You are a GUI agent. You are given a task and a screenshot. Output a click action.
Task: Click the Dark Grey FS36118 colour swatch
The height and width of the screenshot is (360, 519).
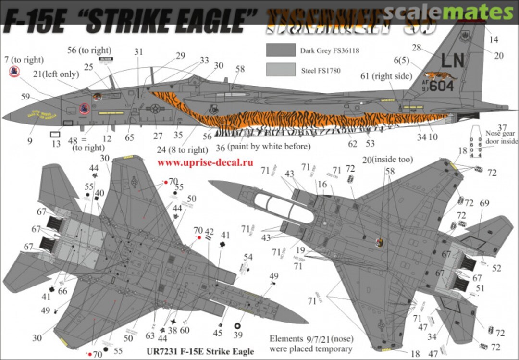click(281, 50)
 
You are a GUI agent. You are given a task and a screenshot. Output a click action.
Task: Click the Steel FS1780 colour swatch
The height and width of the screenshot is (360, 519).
click(281, 70)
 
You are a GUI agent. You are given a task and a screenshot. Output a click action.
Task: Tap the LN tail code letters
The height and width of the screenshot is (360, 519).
click(452, 61)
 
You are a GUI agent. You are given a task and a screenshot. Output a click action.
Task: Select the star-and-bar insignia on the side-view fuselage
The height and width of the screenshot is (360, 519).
click(155, 109)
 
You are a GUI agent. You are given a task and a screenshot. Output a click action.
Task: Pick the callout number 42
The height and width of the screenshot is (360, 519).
click(209, 234)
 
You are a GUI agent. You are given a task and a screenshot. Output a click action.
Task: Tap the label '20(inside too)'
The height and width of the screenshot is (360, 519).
click(390, 159)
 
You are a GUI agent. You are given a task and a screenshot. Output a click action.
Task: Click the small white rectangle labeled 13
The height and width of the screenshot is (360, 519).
click(56, 135)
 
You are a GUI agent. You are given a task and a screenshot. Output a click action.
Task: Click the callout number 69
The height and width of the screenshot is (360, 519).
click(483, 203)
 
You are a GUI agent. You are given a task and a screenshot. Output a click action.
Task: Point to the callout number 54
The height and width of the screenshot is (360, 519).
click(247, 257)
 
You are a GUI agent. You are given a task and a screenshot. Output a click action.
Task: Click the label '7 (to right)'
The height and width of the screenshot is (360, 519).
click(23, 60)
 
